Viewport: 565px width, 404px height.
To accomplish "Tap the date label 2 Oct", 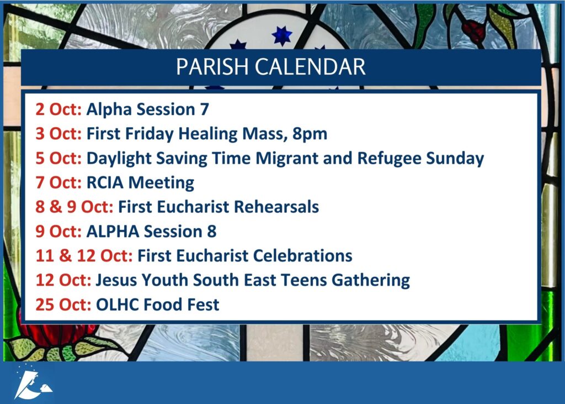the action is click(58, 109).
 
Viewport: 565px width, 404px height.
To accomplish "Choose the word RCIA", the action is click(105, 183).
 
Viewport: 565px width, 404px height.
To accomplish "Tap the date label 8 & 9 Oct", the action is click(74, 207).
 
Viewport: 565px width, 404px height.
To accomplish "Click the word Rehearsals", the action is click(276, 207).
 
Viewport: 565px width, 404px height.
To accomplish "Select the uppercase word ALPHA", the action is click(113, 232).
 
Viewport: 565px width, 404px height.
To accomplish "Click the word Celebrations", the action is click(303, 256).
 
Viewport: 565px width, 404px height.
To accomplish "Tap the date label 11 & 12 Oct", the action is click(84, 256).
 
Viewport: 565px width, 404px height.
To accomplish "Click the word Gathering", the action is click(370, 281).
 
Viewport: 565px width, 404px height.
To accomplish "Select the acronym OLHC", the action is click(118, 305).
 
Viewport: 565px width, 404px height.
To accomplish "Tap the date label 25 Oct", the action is click(63, 305).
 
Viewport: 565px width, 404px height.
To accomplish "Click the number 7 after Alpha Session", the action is click(204, 109).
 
